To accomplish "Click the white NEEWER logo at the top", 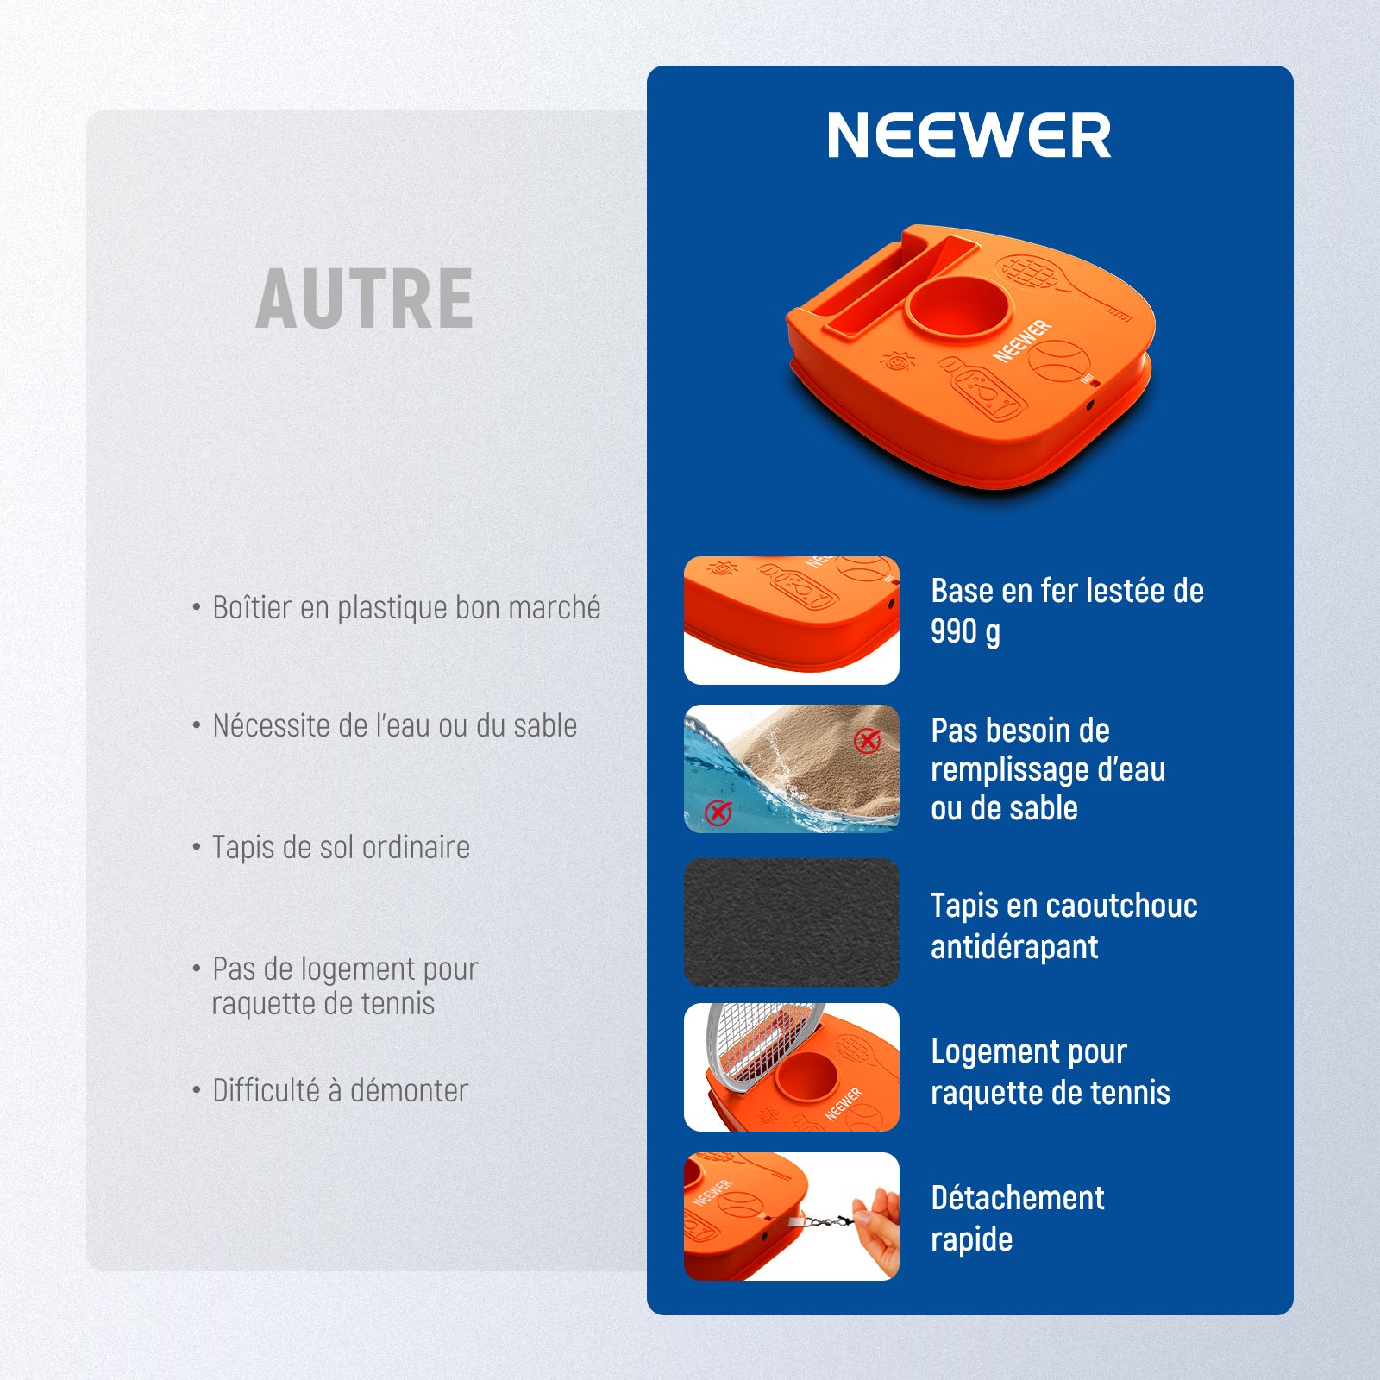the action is (969, 135).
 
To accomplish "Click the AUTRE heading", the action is (365, 298).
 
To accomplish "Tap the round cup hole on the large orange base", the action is (957, 310).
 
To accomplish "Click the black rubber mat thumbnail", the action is (792, 922).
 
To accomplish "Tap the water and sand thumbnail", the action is (792, 768).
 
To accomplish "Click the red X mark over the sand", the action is (867, 740).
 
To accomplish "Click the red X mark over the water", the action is (718, 812).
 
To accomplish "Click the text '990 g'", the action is (965, 632).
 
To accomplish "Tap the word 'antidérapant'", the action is (1014, 947).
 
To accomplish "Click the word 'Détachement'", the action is (1018, 1198).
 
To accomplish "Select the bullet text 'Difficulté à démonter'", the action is (340, 1090).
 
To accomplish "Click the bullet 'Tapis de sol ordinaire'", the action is (341, 847).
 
